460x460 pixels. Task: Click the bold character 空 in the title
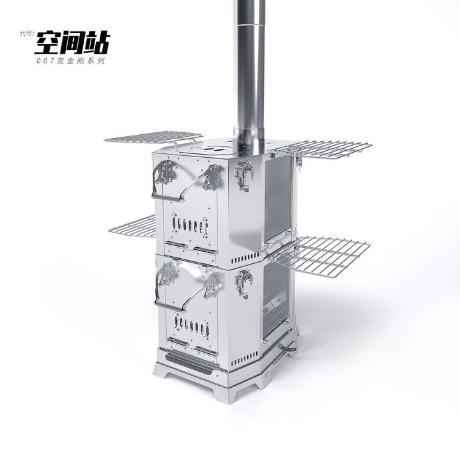[49, 43]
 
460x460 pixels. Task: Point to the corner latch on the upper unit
[244, 176]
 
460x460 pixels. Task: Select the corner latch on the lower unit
[244, 281]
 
